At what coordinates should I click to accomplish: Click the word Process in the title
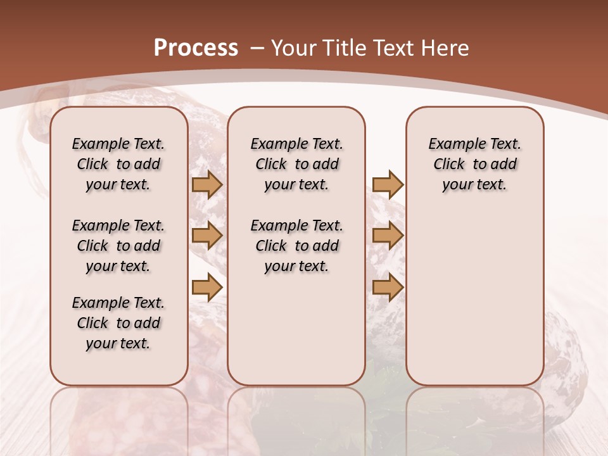(196, 48)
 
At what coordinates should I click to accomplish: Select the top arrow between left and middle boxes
(206, 184)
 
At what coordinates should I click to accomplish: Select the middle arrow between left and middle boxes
(206, 236)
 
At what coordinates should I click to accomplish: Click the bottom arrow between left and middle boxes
(206, 288)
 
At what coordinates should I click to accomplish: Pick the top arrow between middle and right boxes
(388, 184)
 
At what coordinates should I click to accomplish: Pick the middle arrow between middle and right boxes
(388, 236)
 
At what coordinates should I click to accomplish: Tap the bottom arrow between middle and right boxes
(388, 288)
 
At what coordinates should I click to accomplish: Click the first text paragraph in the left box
(118, 164)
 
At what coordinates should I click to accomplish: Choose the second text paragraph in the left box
(118, 246)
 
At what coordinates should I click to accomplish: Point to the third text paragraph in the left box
(118, 323)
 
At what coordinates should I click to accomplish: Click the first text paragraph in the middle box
(296, 164)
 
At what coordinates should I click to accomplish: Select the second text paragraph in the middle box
(296, 246)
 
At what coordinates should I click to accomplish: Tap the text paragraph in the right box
(474, 164)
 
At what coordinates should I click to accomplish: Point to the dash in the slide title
(257, 48)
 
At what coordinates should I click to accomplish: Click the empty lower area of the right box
(474, 298)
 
